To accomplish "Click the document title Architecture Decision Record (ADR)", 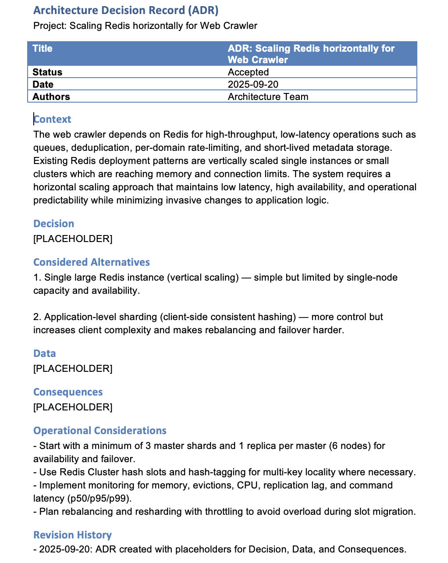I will point(126,10).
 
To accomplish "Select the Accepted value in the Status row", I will point(248,72).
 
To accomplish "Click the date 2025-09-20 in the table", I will point(253,84).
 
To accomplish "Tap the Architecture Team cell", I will point(268,96).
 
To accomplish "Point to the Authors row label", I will point(51,96).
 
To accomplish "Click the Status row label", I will point(47,72).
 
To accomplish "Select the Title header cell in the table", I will point(43,48).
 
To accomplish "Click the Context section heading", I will point(53,119).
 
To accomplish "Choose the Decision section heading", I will point(54,224).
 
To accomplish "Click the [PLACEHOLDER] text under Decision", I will point(73,239).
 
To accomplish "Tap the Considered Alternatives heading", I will point(92,262).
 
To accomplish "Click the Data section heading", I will point(45,353).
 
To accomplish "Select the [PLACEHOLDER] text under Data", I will point(73,368).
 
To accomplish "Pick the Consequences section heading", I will point(68,392).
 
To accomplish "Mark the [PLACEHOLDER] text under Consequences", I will point(73,407).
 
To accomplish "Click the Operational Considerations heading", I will point(100,431).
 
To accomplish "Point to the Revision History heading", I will point(73,535).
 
